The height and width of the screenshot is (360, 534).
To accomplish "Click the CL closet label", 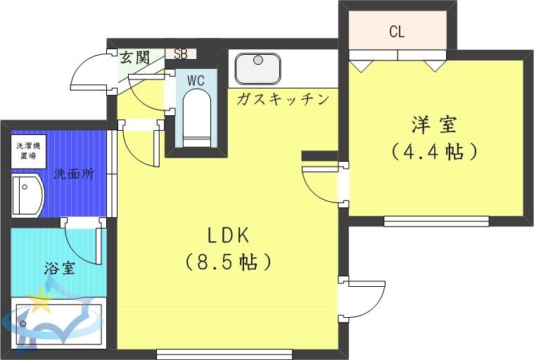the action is click(397, 32).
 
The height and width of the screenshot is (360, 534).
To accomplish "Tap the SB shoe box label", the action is click(181, 54).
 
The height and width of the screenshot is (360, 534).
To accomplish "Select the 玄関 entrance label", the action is click(135, 57).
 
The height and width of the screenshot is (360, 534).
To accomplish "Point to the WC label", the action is click(196, 81).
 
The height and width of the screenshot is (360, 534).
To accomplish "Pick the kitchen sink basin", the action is click(258, 68).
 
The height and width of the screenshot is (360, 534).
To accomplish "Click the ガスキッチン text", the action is click(283, 99).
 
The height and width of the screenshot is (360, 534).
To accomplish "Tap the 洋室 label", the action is click(434, 125).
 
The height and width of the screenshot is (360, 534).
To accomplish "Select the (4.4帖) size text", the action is click(434, 152).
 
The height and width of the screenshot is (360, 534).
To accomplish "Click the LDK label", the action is click(228, 236).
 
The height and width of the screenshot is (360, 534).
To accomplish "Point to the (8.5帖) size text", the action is click(228, 262).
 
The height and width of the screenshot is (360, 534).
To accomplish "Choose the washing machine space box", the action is click(29, 151).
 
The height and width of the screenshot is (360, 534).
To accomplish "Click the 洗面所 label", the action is click(74, 174).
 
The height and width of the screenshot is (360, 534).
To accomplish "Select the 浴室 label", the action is click(60, 269).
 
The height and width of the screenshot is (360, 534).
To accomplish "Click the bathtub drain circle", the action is click(23, 323).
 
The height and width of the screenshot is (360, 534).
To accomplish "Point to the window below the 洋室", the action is click(436, 221).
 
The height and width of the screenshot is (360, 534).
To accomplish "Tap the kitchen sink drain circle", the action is click(258, 60).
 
